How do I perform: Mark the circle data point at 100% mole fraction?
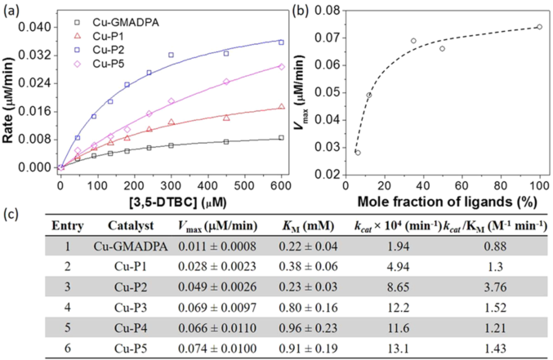pos(539,27)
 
